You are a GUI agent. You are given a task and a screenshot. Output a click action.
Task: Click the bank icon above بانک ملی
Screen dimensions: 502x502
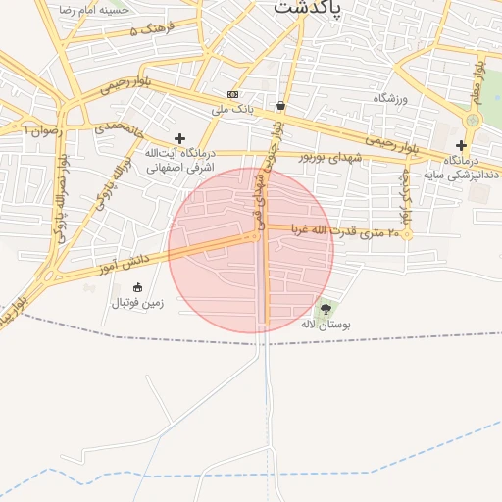[232, 95]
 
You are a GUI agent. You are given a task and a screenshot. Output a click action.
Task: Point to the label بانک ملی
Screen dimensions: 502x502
[232, 110]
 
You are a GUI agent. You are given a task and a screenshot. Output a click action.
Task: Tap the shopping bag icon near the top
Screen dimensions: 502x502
[281, 105]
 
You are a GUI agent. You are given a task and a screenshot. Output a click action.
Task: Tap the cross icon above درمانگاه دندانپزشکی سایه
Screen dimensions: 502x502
[461, 145]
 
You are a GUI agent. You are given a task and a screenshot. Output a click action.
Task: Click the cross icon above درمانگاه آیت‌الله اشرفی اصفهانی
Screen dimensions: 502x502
[178, 139]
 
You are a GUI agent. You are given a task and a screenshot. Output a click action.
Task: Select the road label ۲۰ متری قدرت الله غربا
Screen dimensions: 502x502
[340, 232]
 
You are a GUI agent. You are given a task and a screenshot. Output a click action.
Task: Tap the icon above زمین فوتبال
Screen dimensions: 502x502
[137, 287]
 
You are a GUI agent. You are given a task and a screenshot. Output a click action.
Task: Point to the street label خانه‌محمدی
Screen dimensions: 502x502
[119, 128]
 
